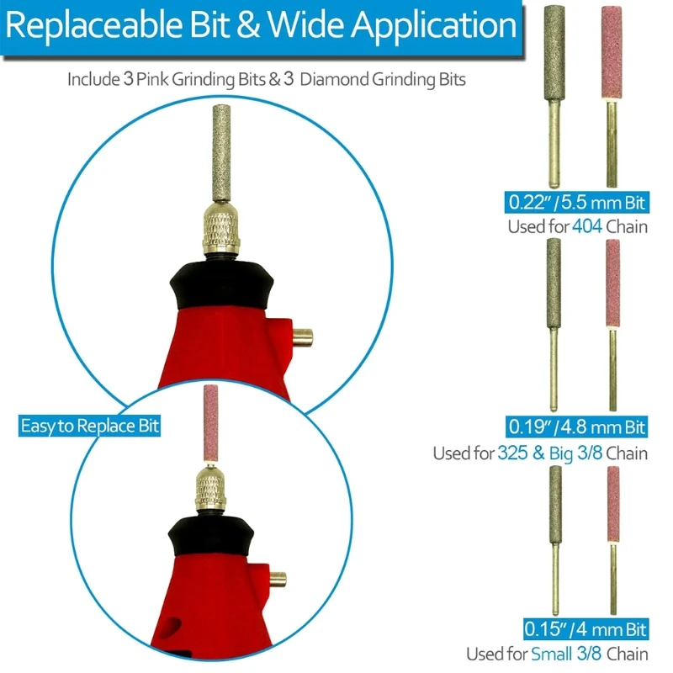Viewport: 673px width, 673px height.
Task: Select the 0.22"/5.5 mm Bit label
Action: click(x=575, y=202)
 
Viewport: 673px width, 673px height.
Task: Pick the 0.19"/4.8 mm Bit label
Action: click(x=575, y=427)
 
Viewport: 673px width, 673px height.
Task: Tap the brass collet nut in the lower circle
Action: click(x=209, y=493)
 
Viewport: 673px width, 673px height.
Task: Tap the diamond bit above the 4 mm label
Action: click(x=555, y=505)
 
